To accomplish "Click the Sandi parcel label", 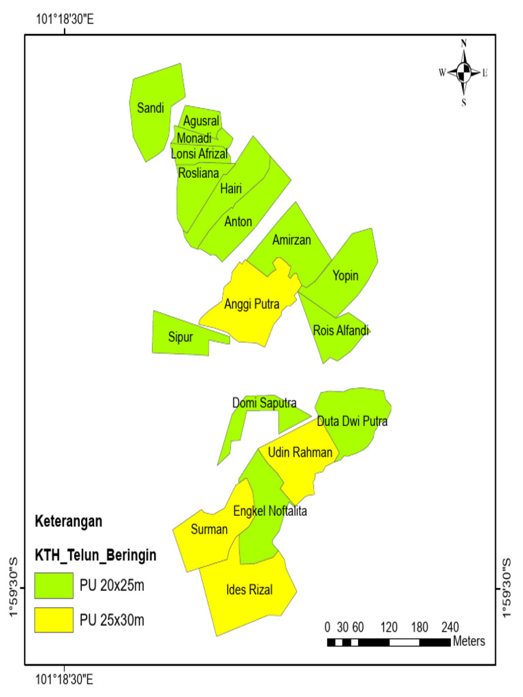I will coord(150,108).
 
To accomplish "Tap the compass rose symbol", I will coord(463,71).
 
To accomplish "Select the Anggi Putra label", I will coord(252,304).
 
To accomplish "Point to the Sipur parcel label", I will coord(181,337).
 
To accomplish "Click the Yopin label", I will coord(345,275).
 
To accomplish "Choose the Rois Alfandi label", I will coord(341,331).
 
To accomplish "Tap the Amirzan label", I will coord(291,240).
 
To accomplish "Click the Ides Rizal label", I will coord(249,590).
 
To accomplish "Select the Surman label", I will coord(209,530).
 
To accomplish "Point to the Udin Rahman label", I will coord(300,453).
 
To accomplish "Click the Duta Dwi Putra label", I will coord(352,421).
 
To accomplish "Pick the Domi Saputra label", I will coord(264,403).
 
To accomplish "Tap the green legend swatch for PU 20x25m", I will coord(53,585).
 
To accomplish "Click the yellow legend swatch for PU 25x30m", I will coord(53,619).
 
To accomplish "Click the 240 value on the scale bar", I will coord(450,627).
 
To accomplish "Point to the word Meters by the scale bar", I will coord(470,641).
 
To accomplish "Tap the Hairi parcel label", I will coord(232,189).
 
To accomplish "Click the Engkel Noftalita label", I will coord(270,510).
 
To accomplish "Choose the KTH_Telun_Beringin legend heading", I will coord(95,555).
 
